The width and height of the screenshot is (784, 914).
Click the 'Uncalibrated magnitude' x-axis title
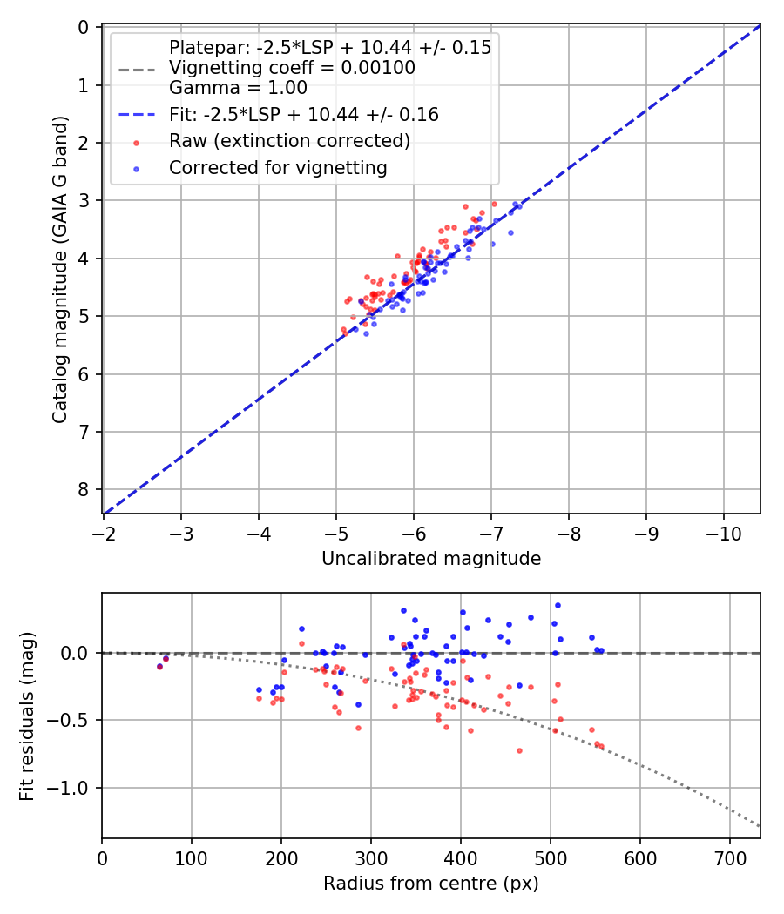coord(431,559)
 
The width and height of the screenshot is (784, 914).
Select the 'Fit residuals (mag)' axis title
coord(27,716)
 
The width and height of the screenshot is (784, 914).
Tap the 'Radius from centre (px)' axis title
coord(431,884)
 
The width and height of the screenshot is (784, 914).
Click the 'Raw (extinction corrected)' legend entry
coord(289,141)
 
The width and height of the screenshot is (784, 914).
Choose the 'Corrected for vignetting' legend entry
coord(278,167)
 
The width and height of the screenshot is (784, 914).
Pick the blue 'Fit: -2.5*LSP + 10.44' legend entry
coord(303,114)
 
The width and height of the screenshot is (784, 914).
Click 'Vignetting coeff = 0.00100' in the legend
coord(292,68)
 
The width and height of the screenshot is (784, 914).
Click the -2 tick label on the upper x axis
coord(104,530)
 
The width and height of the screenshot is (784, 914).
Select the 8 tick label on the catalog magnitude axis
coord(84,489)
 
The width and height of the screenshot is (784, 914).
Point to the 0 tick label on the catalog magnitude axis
coord(84,28)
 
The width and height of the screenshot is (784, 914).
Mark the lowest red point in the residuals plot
coord(519,750)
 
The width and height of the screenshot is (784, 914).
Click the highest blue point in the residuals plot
coord(558,605)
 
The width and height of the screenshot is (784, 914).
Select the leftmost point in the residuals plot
coord(159,666)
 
